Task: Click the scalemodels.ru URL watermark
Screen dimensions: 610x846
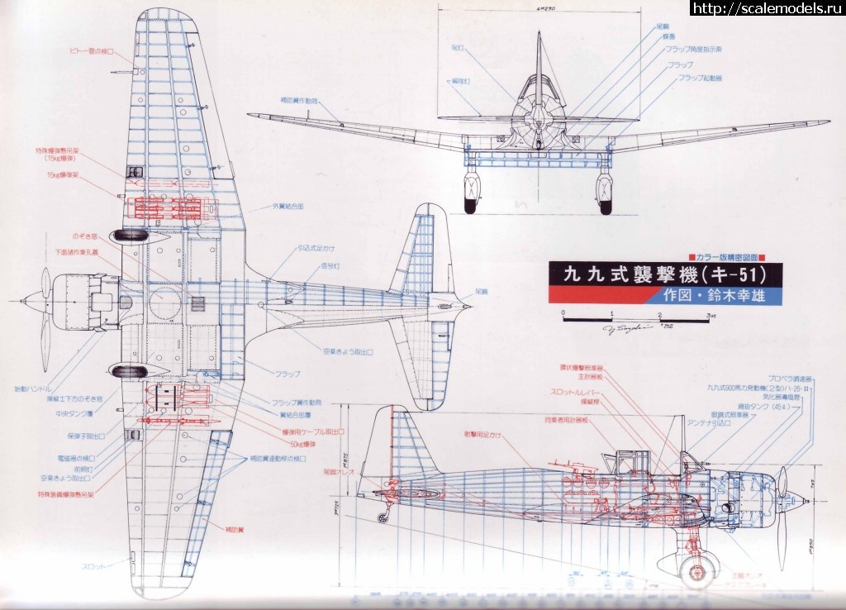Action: [766, 8]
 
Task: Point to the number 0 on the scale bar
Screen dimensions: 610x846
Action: [562, 314]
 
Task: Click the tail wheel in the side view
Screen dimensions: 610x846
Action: [381, 518]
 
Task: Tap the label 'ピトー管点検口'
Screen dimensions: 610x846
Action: [90, 51]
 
